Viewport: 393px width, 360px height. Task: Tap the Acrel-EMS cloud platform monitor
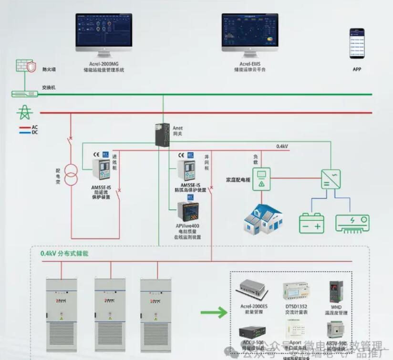point(250,30)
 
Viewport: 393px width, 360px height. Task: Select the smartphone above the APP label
point(357,43)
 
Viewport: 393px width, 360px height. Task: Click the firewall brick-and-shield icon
point(25,66)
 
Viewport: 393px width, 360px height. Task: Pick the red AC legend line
point(25,127)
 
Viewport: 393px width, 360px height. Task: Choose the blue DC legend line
point(25,132)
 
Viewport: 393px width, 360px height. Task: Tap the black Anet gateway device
point(162,134)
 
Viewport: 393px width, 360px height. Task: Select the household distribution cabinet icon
point(261,179)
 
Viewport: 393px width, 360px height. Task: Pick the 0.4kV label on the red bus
point(282,146)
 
